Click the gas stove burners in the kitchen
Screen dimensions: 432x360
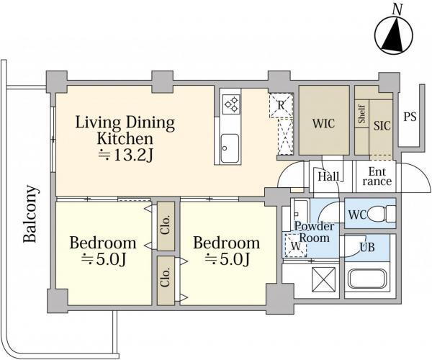[x=231, y=104]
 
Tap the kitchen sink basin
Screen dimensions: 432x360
[x=230, y=148]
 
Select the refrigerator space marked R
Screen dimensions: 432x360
[x=281, y=106]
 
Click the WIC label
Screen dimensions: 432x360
[x=323, y=123]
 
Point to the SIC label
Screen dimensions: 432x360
[x=382, y=125]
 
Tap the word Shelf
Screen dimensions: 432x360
[x=361, y=114]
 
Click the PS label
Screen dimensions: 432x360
[x=410, y=117]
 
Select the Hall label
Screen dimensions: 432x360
[x=328, y=176]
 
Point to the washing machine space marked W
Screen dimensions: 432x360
[x=295, y=246]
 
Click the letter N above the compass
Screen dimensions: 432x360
[x=397, y=9]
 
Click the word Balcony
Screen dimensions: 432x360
[x=30, y=214]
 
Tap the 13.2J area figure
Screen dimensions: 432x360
[x=125, y=156]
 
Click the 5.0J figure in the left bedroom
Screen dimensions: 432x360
[x=104, y=259]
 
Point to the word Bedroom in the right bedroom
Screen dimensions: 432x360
[x=227, y=243]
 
